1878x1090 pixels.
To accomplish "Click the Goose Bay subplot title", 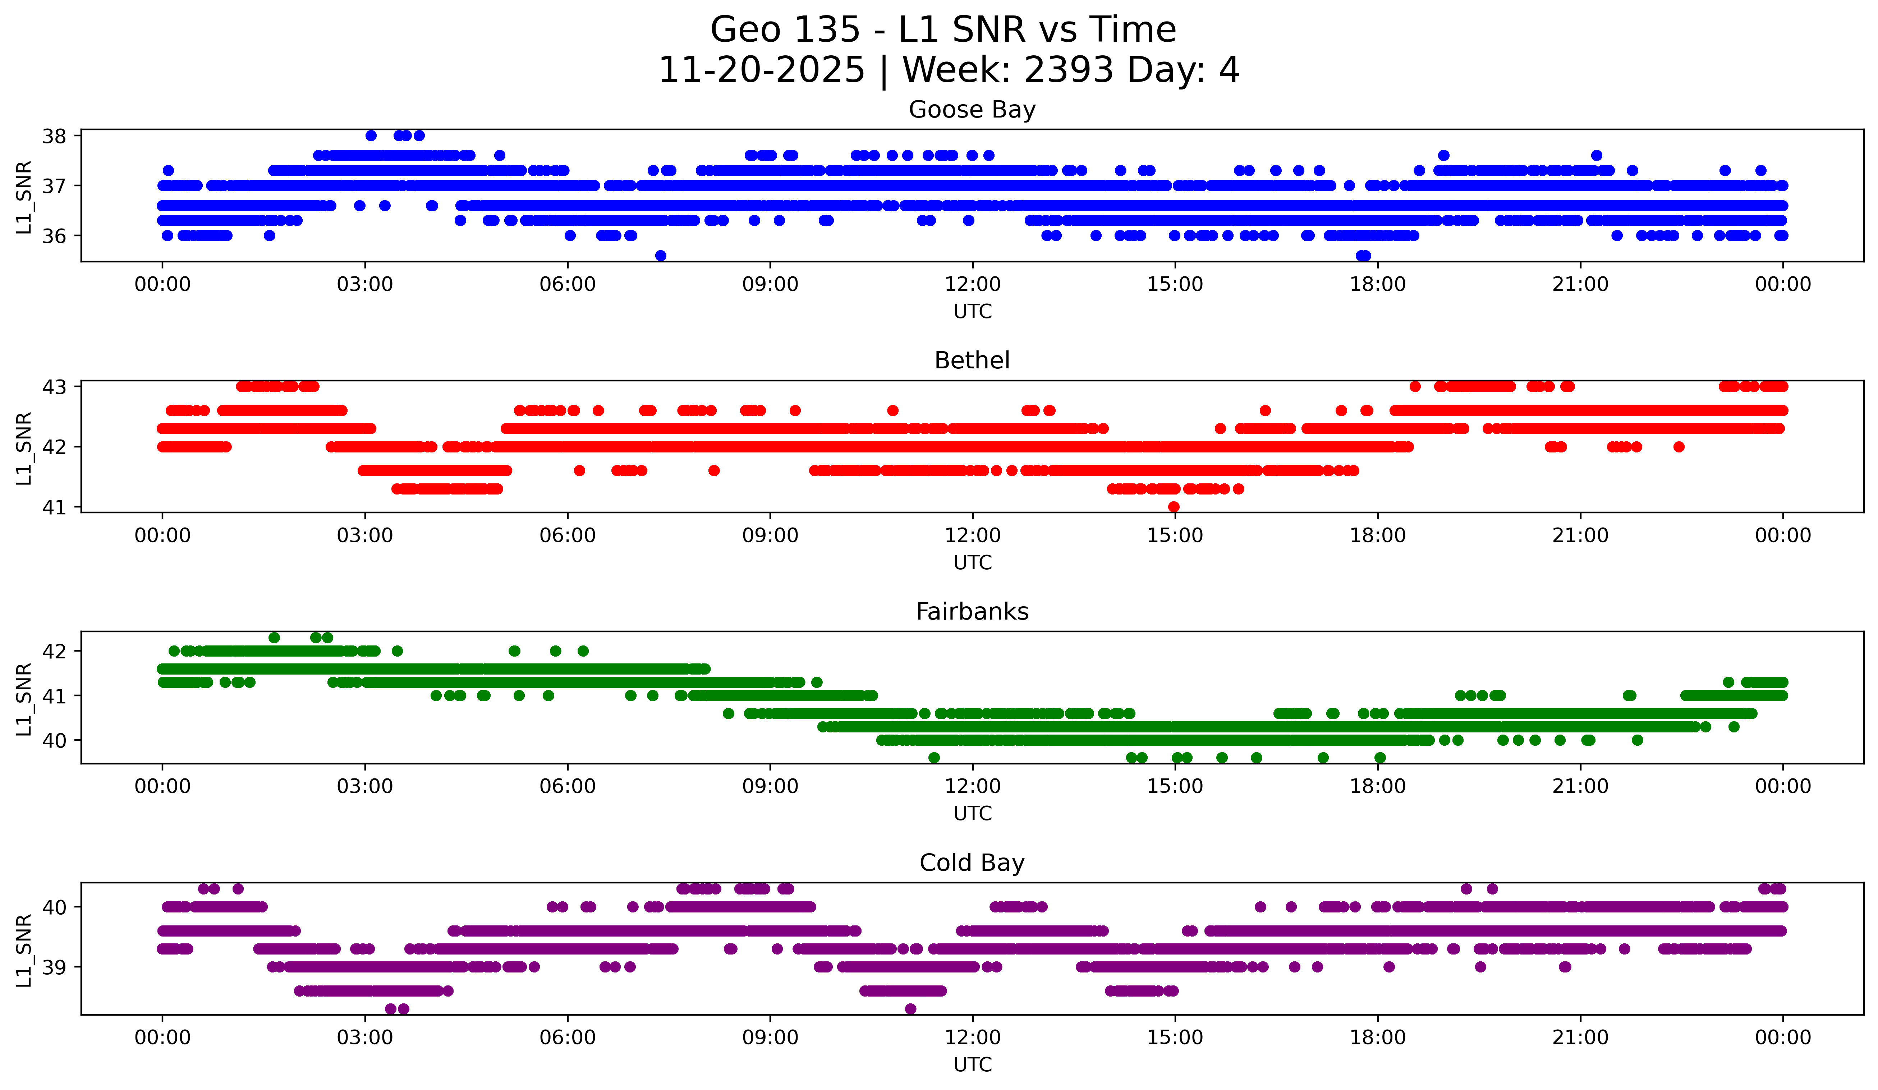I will tap(972, 110).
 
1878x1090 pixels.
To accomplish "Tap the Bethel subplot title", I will tap(972, 360).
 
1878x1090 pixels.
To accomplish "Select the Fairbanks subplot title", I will tap(972, 612).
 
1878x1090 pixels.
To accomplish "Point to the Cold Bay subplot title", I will tap(972, 863).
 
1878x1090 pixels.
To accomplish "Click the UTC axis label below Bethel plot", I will tap(972, 562).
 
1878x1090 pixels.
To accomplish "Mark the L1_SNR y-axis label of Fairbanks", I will tap(24, 699).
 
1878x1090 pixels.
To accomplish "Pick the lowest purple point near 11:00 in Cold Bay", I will tap(910, 1009).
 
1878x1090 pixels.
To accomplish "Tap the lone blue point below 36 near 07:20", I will tap(660, 256).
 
